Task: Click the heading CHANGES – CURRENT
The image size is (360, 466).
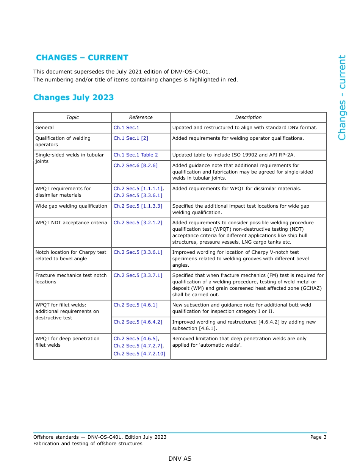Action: (x=82, y=58)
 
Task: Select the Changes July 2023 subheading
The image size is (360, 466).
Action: (x=74, y=97)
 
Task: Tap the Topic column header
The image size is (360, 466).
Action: (x=72, y=117)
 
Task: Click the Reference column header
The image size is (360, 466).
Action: (x=141, y=117)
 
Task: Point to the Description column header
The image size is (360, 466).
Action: (x=248, y=117)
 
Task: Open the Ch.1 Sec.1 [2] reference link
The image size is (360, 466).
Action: (x=131, y=138)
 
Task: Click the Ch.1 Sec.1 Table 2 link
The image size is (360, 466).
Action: (x=136, y=155)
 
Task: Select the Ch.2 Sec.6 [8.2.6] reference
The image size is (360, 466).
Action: (x=135, y=166)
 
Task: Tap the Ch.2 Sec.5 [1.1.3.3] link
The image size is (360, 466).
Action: (x=138, y=206)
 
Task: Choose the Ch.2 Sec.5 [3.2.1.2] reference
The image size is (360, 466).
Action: (x=138, y=223)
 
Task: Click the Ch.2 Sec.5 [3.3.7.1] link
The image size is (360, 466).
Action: (x=138, y=275)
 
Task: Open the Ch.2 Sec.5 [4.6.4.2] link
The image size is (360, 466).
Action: (x=138, y=322)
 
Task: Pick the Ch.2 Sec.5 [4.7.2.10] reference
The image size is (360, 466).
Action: (x=139, y=354)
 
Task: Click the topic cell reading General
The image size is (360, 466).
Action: (x=45, y=128)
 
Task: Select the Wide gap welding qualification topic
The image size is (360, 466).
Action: (x=71, y=206)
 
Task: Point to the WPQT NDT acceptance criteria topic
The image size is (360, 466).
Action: (x=71, y=223)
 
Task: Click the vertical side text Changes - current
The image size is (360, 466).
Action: (x=342, y=98)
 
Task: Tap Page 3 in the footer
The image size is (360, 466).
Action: (x=318, y=437)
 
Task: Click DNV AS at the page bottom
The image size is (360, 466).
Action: (x=180, y=459)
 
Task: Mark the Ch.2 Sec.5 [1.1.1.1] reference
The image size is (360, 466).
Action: (x=138, y=189)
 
